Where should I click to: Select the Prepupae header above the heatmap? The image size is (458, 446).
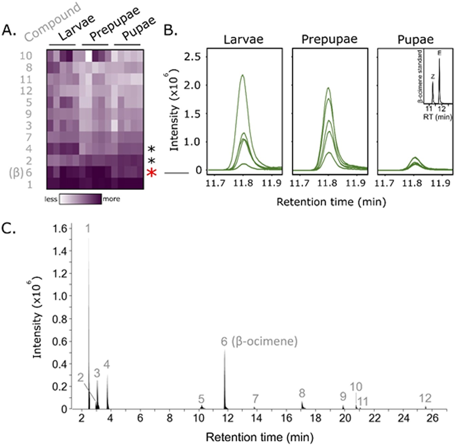(114, 24)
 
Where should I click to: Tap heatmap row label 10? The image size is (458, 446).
(26, 56)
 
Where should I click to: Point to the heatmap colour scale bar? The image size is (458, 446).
(80, 199)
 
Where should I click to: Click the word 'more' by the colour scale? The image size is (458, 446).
(111, 199)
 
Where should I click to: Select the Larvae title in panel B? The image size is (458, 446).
(243, 39)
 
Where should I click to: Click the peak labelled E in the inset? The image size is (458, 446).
(440, 60)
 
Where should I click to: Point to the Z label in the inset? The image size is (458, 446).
(433, 77)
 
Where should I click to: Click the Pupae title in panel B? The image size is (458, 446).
(415, 39)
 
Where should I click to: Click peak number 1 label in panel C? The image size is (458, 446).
(88, 229)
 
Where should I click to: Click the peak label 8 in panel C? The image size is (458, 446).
(302, 393)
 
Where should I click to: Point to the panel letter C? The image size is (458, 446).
(9, 229)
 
